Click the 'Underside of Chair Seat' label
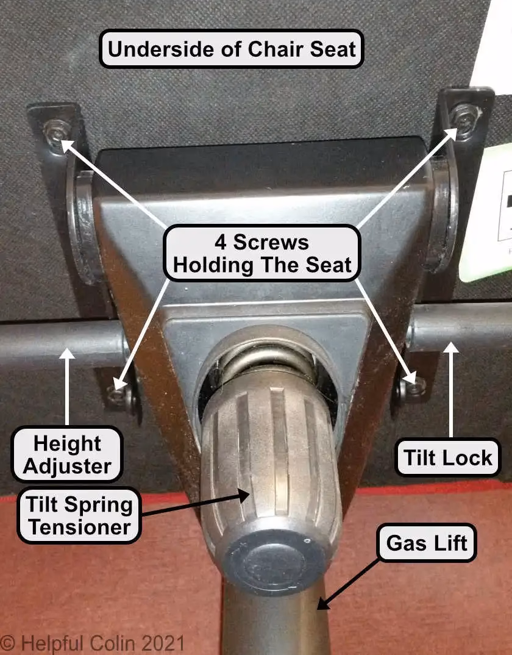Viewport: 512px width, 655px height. point(231,48)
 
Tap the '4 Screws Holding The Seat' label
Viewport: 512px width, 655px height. point(261,253)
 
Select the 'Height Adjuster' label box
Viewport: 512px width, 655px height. point(67,455)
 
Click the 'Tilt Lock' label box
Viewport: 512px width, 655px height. point(448,457)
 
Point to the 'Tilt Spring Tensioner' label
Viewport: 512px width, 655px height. point(79,515)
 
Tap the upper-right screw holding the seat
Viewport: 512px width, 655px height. point(465,119)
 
